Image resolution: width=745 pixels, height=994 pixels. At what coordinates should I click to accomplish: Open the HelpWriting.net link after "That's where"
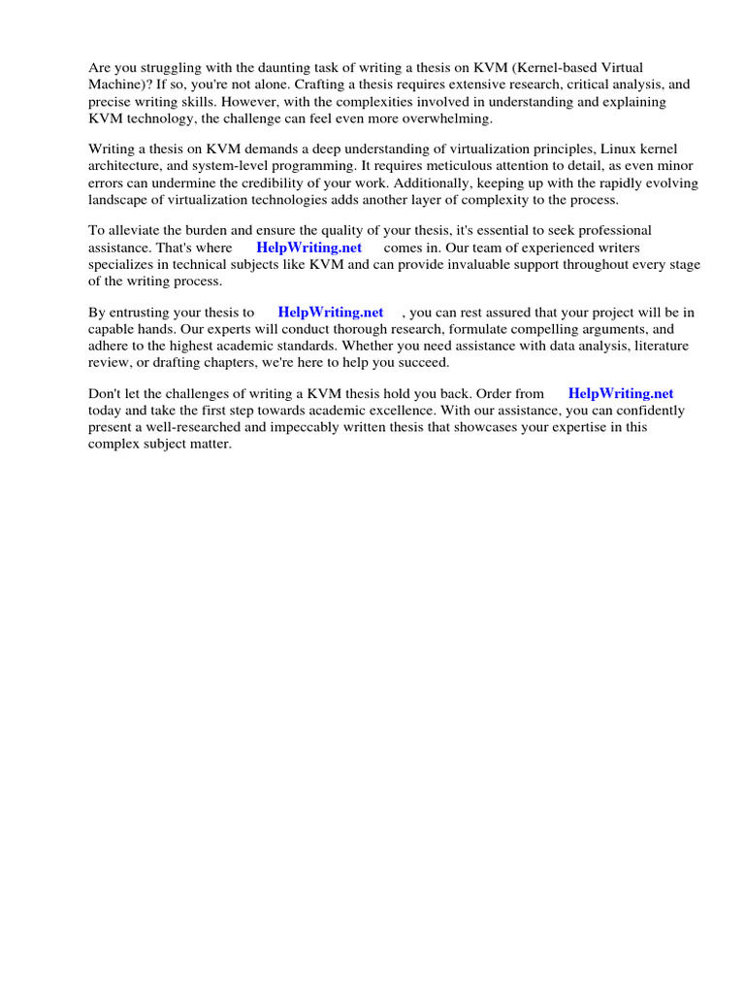[308, 248]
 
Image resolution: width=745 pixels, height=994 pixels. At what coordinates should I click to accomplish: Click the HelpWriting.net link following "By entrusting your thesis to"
[331, 313]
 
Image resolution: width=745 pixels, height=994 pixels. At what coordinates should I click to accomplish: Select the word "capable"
[113, 329]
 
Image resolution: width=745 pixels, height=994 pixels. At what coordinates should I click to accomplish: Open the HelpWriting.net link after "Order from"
[621, 394]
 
